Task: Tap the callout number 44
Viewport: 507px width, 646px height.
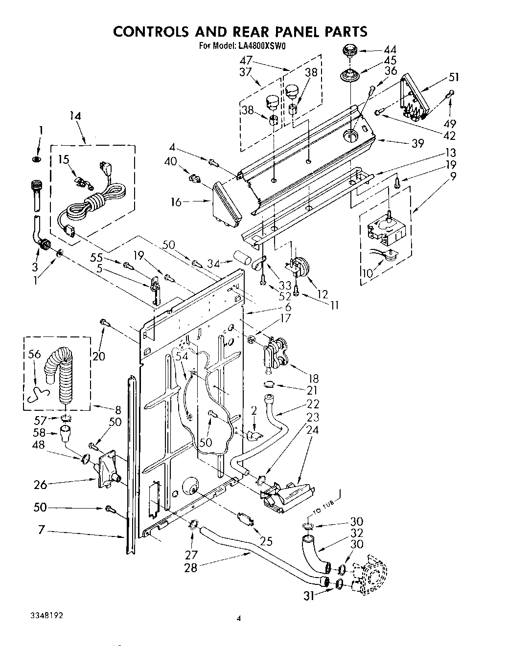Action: point(390,49)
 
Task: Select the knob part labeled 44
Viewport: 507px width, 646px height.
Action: point(350,50)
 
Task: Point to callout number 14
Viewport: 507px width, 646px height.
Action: point(75,116)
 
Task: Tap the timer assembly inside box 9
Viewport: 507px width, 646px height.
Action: point(385,231)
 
